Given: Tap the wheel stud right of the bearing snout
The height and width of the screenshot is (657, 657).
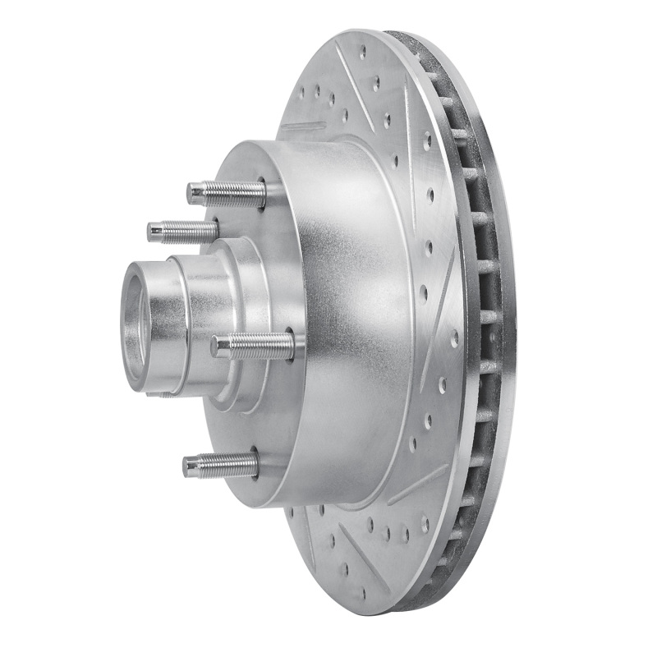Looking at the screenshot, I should [251, 346].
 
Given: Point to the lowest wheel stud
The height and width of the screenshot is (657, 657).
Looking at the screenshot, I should [219, 466].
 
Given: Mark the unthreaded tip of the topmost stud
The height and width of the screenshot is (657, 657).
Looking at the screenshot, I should [195, 194].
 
